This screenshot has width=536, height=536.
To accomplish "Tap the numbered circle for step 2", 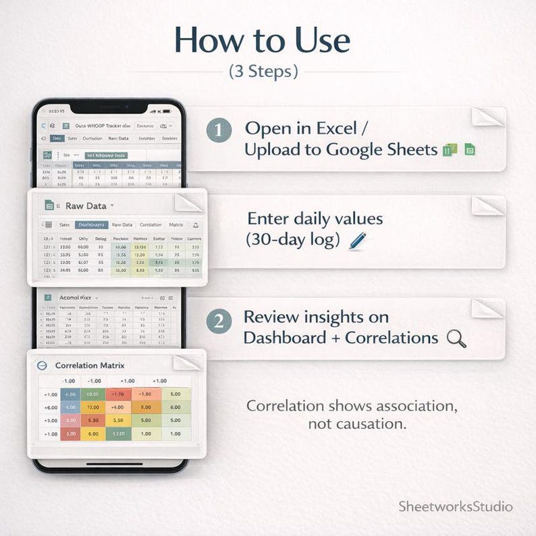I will click(219, 321).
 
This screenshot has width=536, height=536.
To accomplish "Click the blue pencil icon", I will click(358, 241).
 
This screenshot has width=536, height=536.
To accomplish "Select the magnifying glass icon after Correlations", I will click(456, 338).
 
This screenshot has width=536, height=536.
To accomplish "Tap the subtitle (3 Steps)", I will click(263, 71).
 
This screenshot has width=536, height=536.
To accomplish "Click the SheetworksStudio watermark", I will click(456, 506).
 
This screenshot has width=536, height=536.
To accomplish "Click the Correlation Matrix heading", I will click(90, 365).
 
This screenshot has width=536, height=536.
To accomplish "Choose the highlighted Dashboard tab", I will click(91, 225).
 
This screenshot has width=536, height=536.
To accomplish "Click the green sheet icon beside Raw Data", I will click(49, 205).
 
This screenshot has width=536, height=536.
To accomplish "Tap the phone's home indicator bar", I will click(114, 464).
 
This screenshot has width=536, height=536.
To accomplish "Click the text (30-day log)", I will click(293, 240).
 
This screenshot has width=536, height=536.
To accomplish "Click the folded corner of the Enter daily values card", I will click(487, 205).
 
